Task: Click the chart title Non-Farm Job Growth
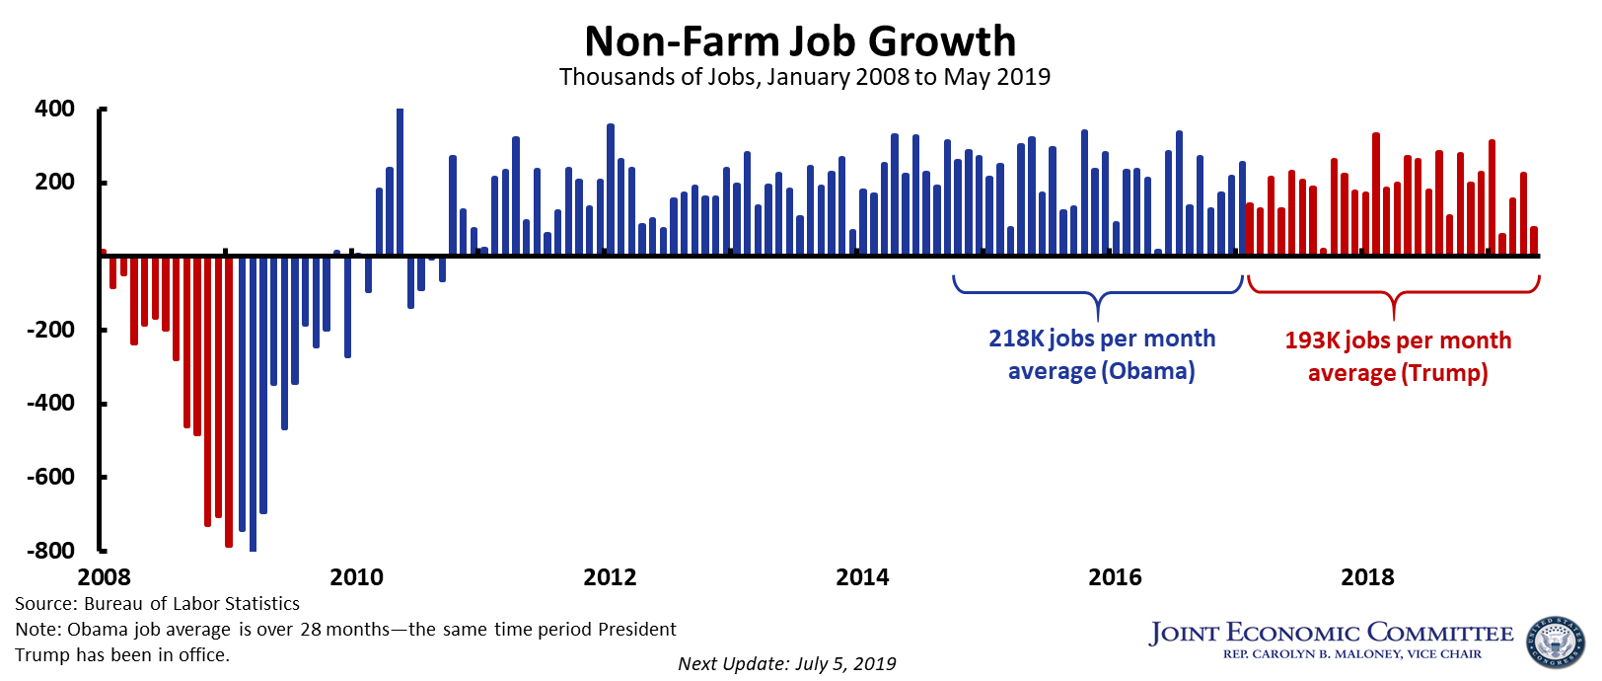pyautogui.click(x=800, y=41)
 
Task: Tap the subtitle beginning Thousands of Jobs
pyautogui.click(x=804, y=77)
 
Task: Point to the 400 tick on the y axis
pyautogui.click(x=54, y=109)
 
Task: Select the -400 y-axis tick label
pyautogui.click(x=50, y=403)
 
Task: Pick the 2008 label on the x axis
pyautogui.click(x=104, y=577)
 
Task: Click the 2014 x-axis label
pyautogui.click(x=862, y=577)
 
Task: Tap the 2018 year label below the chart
pyautogui.click(x=1367, y=577)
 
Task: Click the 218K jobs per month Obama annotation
pyautogui.click(x=1102, y=354)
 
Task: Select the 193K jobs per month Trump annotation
pyautogui.click(x=1398, y=356)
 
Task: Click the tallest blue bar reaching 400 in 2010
pyautogui.click(x=400, y=182)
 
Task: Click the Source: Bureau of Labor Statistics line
pyautogui.click(x=157, y=604)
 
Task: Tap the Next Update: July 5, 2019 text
pyautogui.click(x=787, y=663)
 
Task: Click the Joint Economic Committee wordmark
pyautogui.click(x=1331, y=633)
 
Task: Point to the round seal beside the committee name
pyautogui.click(x=1554, y=643)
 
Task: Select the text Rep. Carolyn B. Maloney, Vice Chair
pyautogui.click(x=1351, y=654)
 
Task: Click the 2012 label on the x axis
pyautogui.click(x=610, y=577)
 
